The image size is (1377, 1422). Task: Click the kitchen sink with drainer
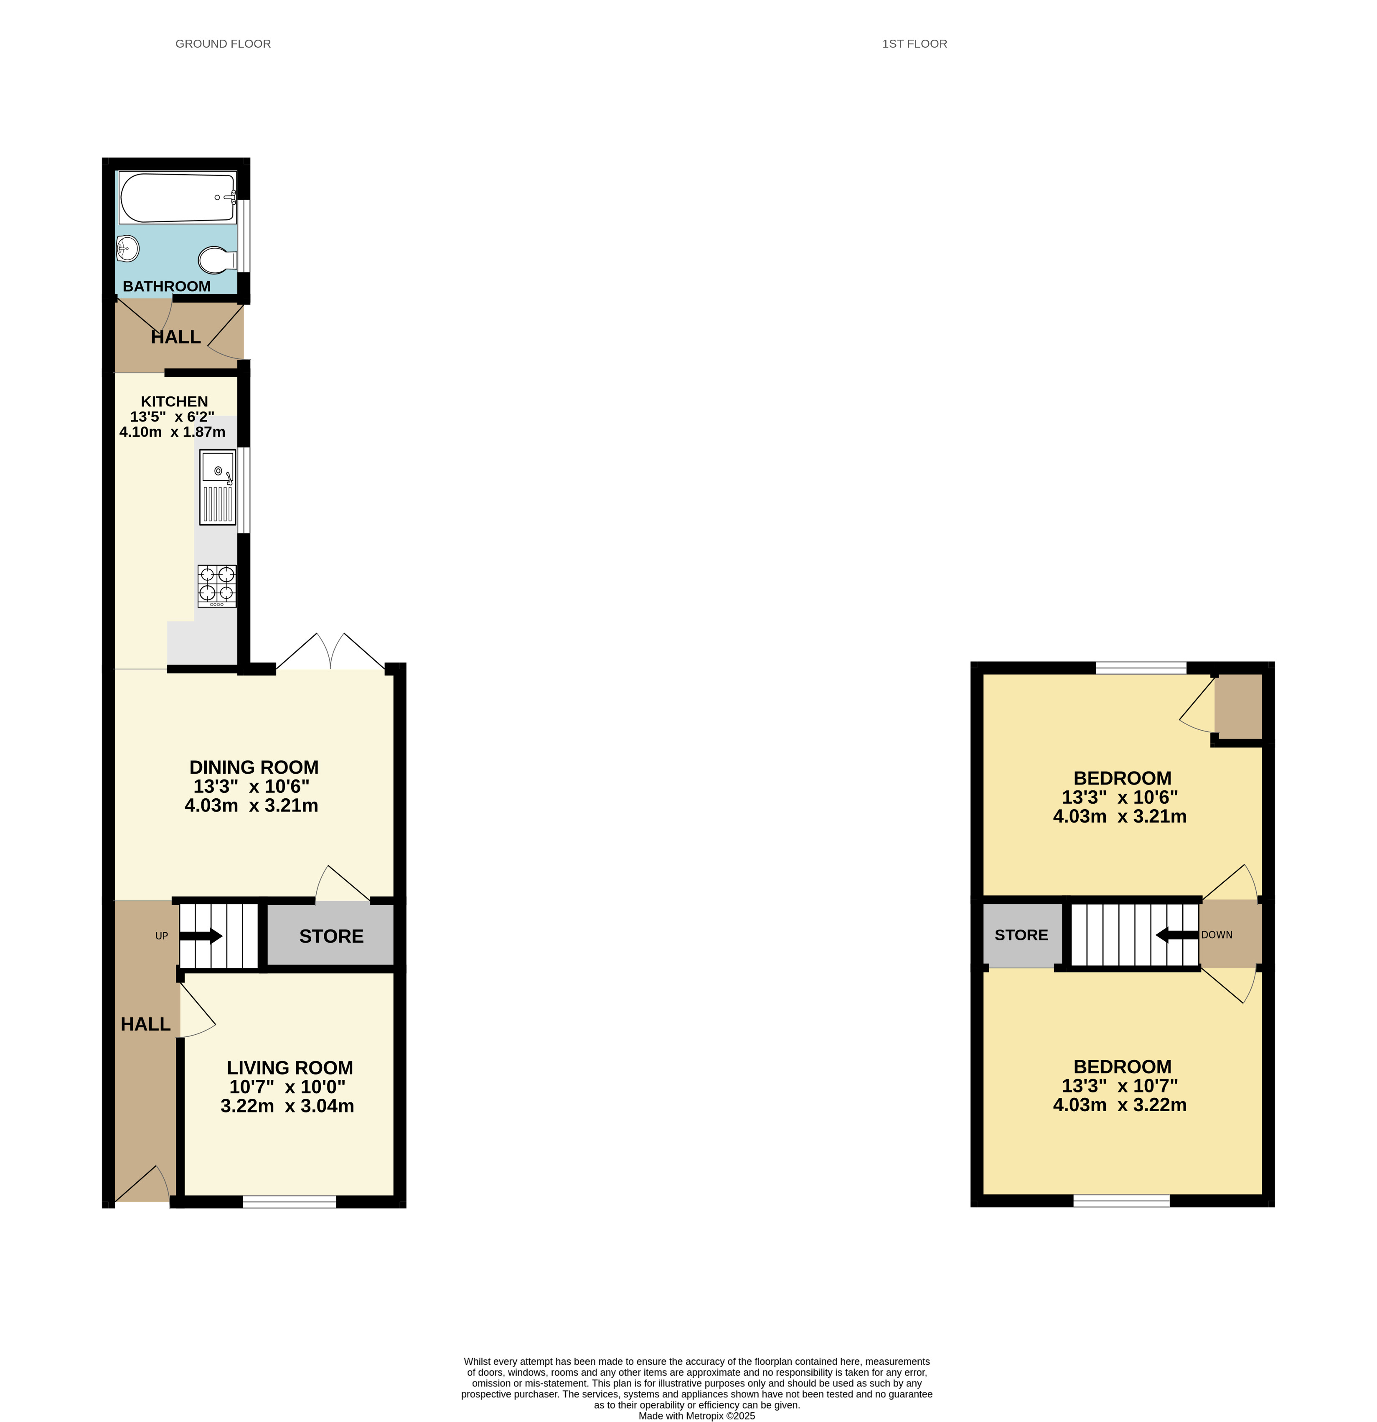pos(218,486)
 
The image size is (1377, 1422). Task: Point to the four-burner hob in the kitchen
pos(217,586)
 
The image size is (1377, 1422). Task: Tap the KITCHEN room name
pos(174,401)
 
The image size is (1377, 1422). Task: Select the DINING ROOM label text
pos(254,767)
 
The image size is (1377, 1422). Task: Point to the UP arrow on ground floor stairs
pos(200,936)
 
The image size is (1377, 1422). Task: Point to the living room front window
pos(290,1202)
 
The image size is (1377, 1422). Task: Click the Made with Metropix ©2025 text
pos(696,1415)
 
